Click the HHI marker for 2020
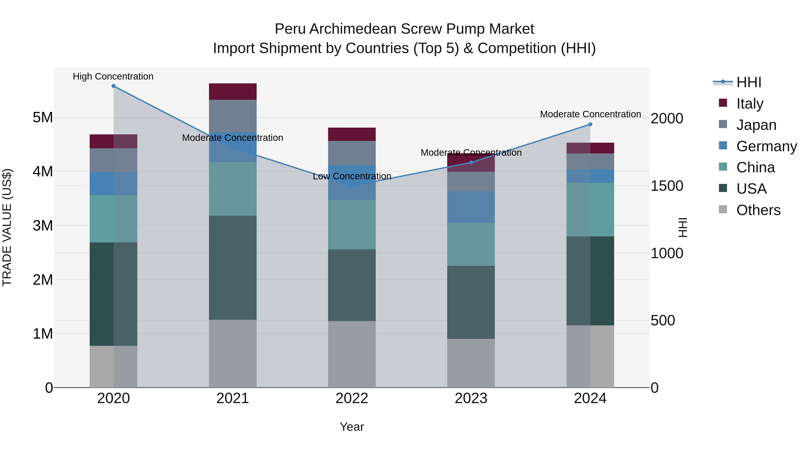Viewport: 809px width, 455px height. (113, 86)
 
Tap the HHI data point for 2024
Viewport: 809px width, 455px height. (590, 124)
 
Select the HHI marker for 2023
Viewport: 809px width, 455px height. (471, 162)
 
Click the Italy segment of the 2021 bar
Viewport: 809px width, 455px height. (233, 92)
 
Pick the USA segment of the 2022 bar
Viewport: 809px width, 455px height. (352, 285)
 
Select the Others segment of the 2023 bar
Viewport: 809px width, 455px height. (471, 363)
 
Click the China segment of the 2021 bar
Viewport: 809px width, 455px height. (233, 189)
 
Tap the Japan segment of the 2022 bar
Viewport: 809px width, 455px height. (352, 153)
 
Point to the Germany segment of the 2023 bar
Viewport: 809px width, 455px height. (471, 207)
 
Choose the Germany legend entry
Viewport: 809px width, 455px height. (766, 146)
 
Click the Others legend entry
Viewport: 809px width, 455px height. (758, 210)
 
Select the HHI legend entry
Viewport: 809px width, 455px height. (749, 82)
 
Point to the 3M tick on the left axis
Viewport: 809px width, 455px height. (43, 225)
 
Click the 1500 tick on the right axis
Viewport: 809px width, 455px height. (667, 186)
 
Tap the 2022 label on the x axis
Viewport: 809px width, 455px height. (352, 398)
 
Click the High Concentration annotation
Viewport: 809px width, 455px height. (113, 76)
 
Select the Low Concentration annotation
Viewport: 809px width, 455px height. (352, 176)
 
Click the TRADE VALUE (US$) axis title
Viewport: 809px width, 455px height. (7, 227)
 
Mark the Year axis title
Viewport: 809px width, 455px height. (352, 427)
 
